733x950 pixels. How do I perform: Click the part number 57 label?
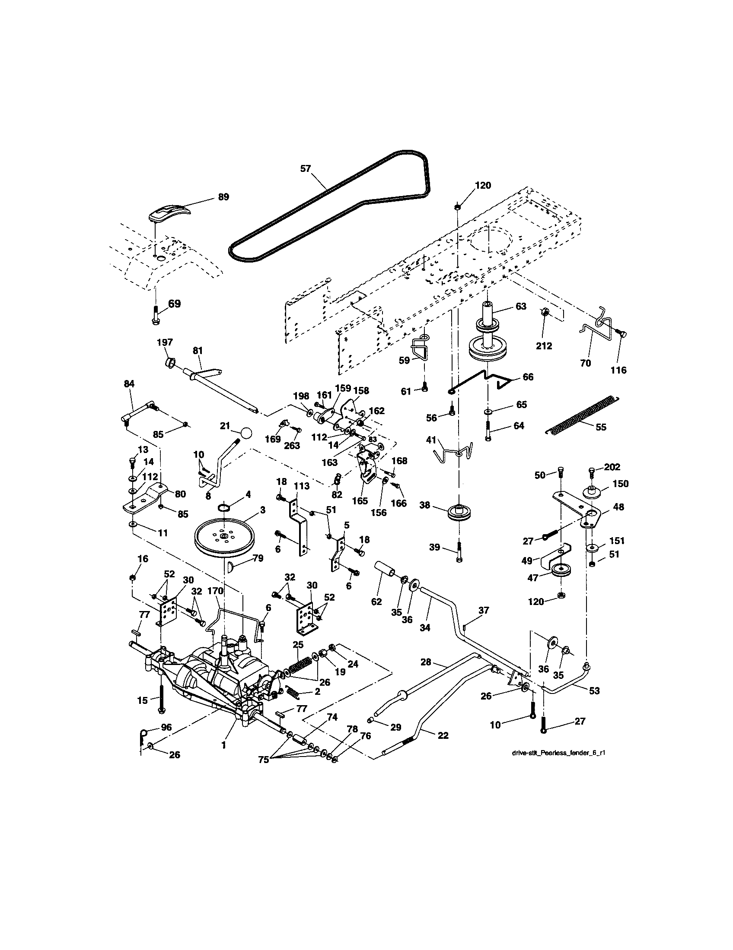[306, 168]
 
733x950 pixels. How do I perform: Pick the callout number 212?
[544, 346]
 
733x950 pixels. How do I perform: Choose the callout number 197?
[165, 343]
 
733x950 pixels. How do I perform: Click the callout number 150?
[621, 484]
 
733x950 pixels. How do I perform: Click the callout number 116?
[618, 370]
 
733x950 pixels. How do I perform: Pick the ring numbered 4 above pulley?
[224, 508]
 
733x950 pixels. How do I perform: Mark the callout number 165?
[360, 500]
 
